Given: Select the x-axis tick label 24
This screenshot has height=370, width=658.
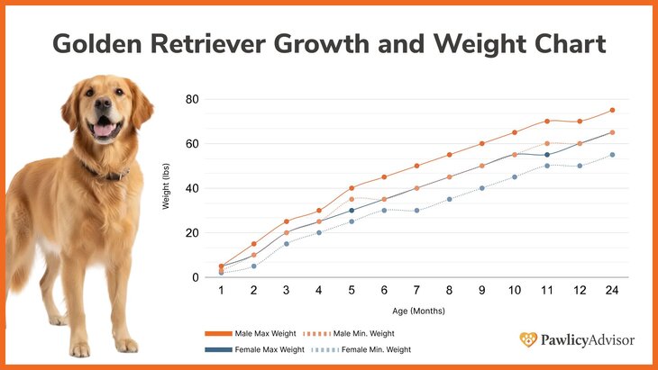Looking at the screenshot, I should [x=612, y=292].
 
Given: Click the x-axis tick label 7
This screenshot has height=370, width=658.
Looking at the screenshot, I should [x=416, y=292].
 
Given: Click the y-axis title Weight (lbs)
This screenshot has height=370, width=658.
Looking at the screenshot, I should [x=166, y=188].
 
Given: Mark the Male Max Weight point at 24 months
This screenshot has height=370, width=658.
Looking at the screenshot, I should [x=612, y=111].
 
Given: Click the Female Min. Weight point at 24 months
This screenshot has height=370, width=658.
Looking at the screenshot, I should [x=612, y=155].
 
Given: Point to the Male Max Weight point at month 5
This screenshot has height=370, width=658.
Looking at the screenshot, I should [x=352, y=188].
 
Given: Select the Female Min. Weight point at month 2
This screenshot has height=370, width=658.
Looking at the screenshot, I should [x=254, y=266].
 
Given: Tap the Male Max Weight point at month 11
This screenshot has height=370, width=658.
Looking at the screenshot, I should [x=546, y=122].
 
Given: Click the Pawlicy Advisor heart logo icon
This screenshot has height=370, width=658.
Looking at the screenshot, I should [x=528, y=339].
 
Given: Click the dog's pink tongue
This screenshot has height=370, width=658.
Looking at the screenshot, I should [x=105, y=131].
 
